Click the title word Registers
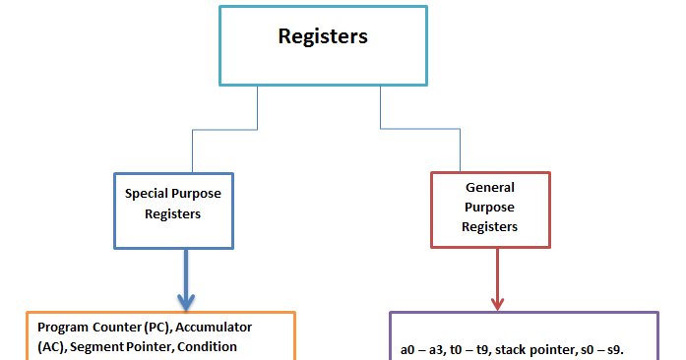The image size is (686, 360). (x=323, y=37)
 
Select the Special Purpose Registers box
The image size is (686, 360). (x=173, y=210)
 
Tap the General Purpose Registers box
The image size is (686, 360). (x=490, y=208)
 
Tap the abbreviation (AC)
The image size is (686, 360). (x=51, y=346)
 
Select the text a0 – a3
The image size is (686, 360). (x=424, y=350)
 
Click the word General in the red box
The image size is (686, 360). (x=490, y=187)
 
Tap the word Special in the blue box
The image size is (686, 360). (x=147, y=194)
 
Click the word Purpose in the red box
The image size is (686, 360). (x=490, y=208)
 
